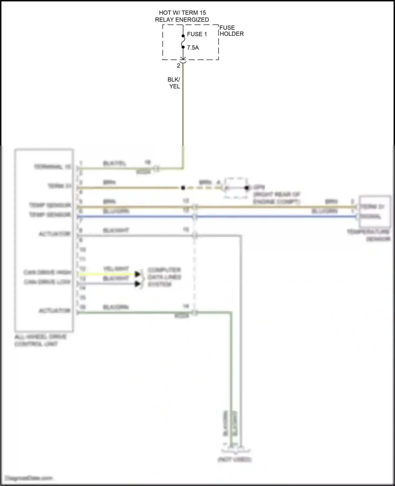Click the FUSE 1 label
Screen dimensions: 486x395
point(197,34)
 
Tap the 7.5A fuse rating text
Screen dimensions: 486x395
point(193,48)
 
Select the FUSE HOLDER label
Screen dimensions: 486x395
point(231,31)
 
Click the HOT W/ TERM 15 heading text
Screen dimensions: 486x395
point(182,13)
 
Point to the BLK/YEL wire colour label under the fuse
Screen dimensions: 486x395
point(174,83)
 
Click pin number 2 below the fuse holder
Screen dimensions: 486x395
point(178,66)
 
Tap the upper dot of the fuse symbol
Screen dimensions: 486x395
point(183,36)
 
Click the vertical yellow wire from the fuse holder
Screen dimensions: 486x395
point(183,111)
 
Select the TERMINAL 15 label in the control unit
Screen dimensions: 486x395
point(52,167)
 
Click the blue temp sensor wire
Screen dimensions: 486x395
point(263,217)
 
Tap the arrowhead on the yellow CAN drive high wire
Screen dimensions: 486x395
point(137,274)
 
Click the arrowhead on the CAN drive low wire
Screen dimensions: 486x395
point(137,284)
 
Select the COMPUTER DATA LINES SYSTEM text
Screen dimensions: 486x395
point(164,277)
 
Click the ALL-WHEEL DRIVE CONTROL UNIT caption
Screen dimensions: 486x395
point(40,340)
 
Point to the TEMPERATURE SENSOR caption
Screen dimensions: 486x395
point(369,235)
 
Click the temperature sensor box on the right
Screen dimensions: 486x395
point(374,211)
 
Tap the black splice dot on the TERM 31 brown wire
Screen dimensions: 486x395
point(183,188)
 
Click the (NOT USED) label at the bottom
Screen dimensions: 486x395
point(234,460)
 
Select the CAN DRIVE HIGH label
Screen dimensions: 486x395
point(47,272)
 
